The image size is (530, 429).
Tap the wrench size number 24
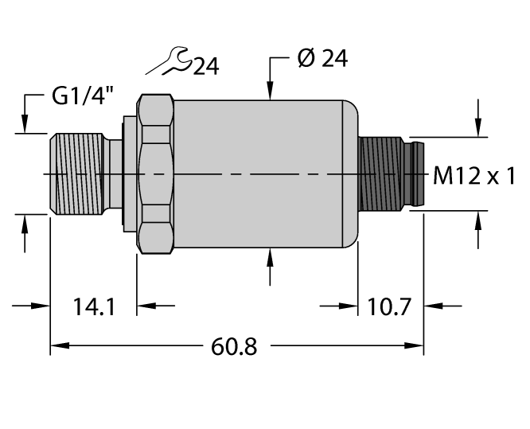pos(205,67)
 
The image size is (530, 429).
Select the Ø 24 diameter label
pos(322,60)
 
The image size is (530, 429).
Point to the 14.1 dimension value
pos(92,306)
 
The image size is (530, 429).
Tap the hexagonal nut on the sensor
pos(156,174)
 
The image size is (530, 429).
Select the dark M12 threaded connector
pos(382,174)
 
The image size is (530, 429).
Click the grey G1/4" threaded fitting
pos(80,174)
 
